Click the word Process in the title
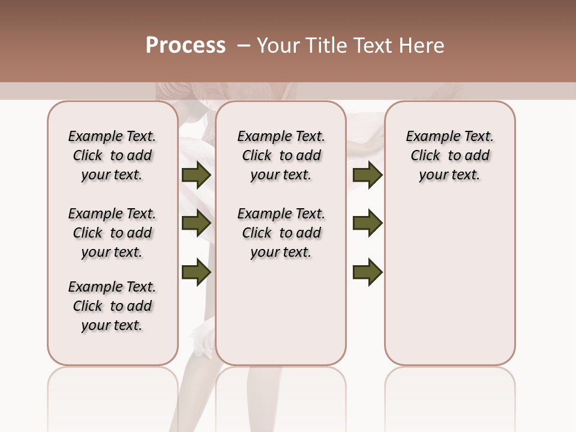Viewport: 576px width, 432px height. tap(185, 46)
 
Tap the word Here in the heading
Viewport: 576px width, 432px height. tap(422, 46)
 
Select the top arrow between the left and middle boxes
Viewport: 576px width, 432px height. tap(196, 175)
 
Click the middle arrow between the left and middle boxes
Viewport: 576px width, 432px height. tap(196, 224)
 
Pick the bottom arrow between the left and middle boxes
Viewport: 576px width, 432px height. tap(196, 272)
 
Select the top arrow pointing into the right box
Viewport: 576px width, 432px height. tap(367, 175)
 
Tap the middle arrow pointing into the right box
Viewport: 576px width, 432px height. tap(367, 224)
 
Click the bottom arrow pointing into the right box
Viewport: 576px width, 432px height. tap(367, 272)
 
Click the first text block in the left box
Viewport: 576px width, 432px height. tap(112, 155)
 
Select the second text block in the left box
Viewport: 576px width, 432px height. tap(112, 233)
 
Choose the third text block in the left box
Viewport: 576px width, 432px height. tap(112, 306)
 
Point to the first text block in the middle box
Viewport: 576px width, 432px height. tap(281, 155)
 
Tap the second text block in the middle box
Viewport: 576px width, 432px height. tap(281, 233)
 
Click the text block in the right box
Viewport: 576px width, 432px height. tap(449, 155)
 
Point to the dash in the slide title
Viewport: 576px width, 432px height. tap(244, 46)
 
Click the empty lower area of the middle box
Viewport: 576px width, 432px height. tap(281, 318)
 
